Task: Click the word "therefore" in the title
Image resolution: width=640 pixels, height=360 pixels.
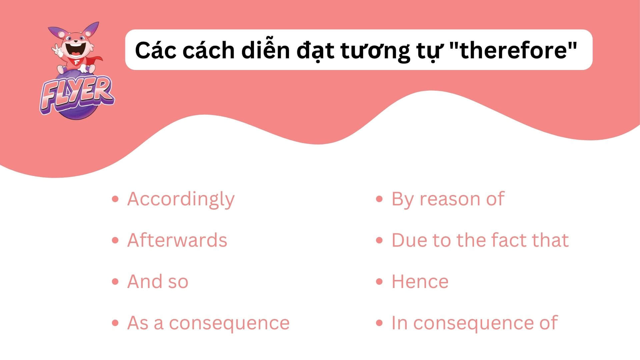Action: tap(514, 50)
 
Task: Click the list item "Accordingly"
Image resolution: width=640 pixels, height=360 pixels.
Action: tap(181, 199)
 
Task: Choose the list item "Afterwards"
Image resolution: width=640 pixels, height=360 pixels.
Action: tap(177, 240)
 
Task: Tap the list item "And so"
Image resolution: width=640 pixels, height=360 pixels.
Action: tap(158, 282)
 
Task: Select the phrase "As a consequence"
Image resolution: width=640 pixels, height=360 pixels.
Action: tap(208, 323)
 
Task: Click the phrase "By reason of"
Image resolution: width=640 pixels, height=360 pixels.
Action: tap(447, 199)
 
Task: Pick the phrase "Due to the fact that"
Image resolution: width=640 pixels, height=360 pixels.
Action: tap(480, 240)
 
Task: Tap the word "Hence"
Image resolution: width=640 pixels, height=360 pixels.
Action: tap(420, 282)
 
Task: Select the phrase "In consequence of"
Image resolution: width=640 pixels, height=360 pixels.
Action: tap(474, 323)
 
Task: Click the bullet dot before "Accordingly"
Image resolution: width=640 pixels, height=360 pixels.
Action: tap(115, 199)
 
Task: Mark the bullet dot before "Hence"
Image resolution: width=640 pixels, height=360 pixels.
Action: tap(379, 282)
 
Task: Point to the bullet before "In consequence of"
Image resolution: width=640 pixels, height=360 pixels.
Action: tap(379, 323)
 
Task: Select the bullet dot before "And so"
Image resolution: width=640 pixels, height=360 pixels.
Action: tap(115, 282)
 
